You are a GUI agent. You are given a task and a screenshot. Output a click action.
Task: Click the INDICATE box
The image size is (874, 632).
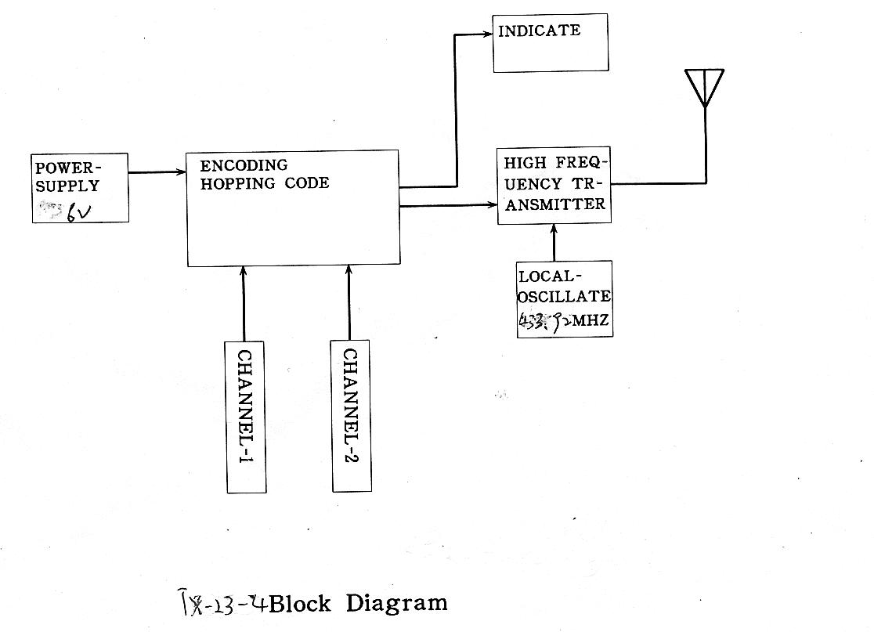click(x=550, y=43)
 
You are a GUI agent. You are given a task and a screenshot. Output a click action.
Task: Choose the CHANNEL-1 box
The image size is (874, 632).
click(x=245, y=417)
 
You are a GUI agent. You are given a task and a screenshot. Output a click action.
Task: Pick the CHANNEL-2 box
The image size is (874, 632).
click(x=351, y=416)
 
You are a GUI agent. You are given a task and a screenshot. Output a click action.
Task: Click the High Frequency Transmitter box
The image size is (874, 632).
click(x=554, y=185)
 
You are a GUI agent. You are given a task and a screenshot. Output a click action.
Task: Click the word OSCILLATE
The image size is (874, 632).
click(x=564, y=298)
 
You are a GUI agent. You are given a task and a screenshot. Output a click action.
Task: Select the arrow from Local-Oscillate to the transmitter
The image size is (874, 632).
click(x=554, y=242)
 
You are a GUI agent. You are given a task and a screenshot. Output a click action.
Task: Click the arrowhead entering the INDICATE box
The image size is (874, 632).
click(x=489, y=33)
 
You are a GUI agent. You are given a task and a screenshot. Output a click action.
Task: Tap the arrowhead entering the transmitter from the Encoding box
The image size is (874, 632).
click(x=493, y=205)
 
